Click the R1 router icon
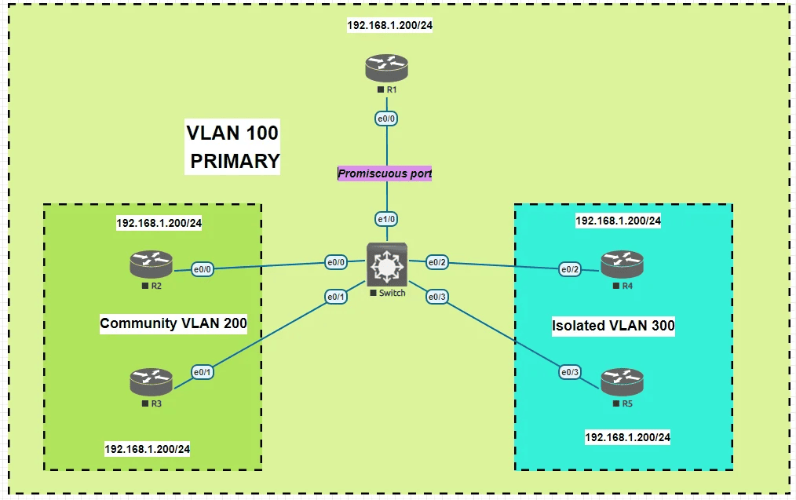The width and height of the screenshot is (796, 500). click(x=386, y=68)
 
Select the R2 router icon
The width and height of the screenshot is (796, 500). click(x=151, y=265)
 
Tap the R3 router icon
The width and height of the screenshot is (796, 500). click(x=151, y=382)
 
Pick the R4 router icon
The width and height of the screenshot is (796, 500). click(x=622, y=265)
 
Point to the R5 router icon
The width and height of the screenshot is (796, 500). click(x=622, y=382)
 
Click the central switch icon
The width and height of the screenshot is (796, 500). click(x=386, y=265)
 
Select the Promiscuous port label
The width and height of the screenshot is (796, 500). click(x=385, y=173)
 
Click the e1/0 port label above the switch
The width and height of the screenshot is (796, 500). click(x=386, y=219)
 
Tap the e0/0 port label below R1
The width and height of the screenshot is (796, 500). click(x=386, y=119)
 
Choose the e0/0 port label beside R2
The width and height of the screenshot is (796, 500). click(x=204, y=269)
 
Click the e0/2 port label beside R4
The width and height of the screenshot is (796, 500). click(x=570, y=269)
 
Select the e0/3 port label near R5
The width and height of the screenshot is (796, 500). click(x=570, y=371)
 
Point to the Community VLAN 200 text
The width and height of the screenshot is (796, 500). click(x=173, y=323)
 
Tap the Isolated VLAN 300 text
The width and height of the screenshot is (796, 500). click(x=613, y=326)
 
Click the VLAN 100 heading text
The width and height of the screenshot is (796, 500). click(x=232, y=133)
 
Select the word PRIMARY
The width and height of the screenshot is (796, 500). click(x=236, y=161)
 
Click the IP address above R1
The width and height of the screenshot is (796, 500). click(x=390, y=25)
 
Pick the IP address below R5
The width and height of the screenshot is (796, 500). click(x=627, y=436)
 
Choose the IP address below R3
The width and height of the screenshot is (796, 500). click(x=148, y=449)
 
